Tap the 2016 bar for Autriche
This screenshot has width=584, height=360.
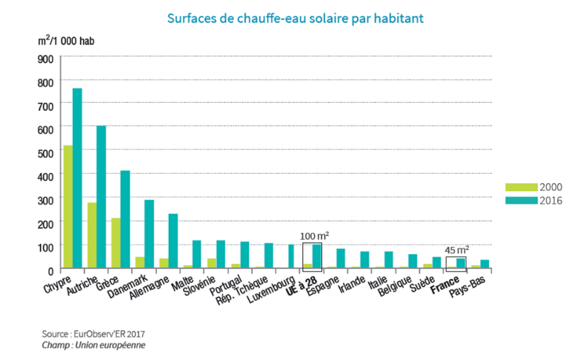click(x=101, y=197)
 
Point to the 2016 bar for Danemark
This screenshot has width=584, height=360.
click(x=149, y=234)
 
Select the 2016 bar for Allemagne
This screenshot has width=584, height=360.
click(x=173, y=241)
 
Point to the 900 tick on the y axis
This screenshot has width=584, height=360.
click(x=45, y=60)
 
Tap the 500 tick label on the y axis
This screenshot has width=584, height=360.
click(x=45, y=153)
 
